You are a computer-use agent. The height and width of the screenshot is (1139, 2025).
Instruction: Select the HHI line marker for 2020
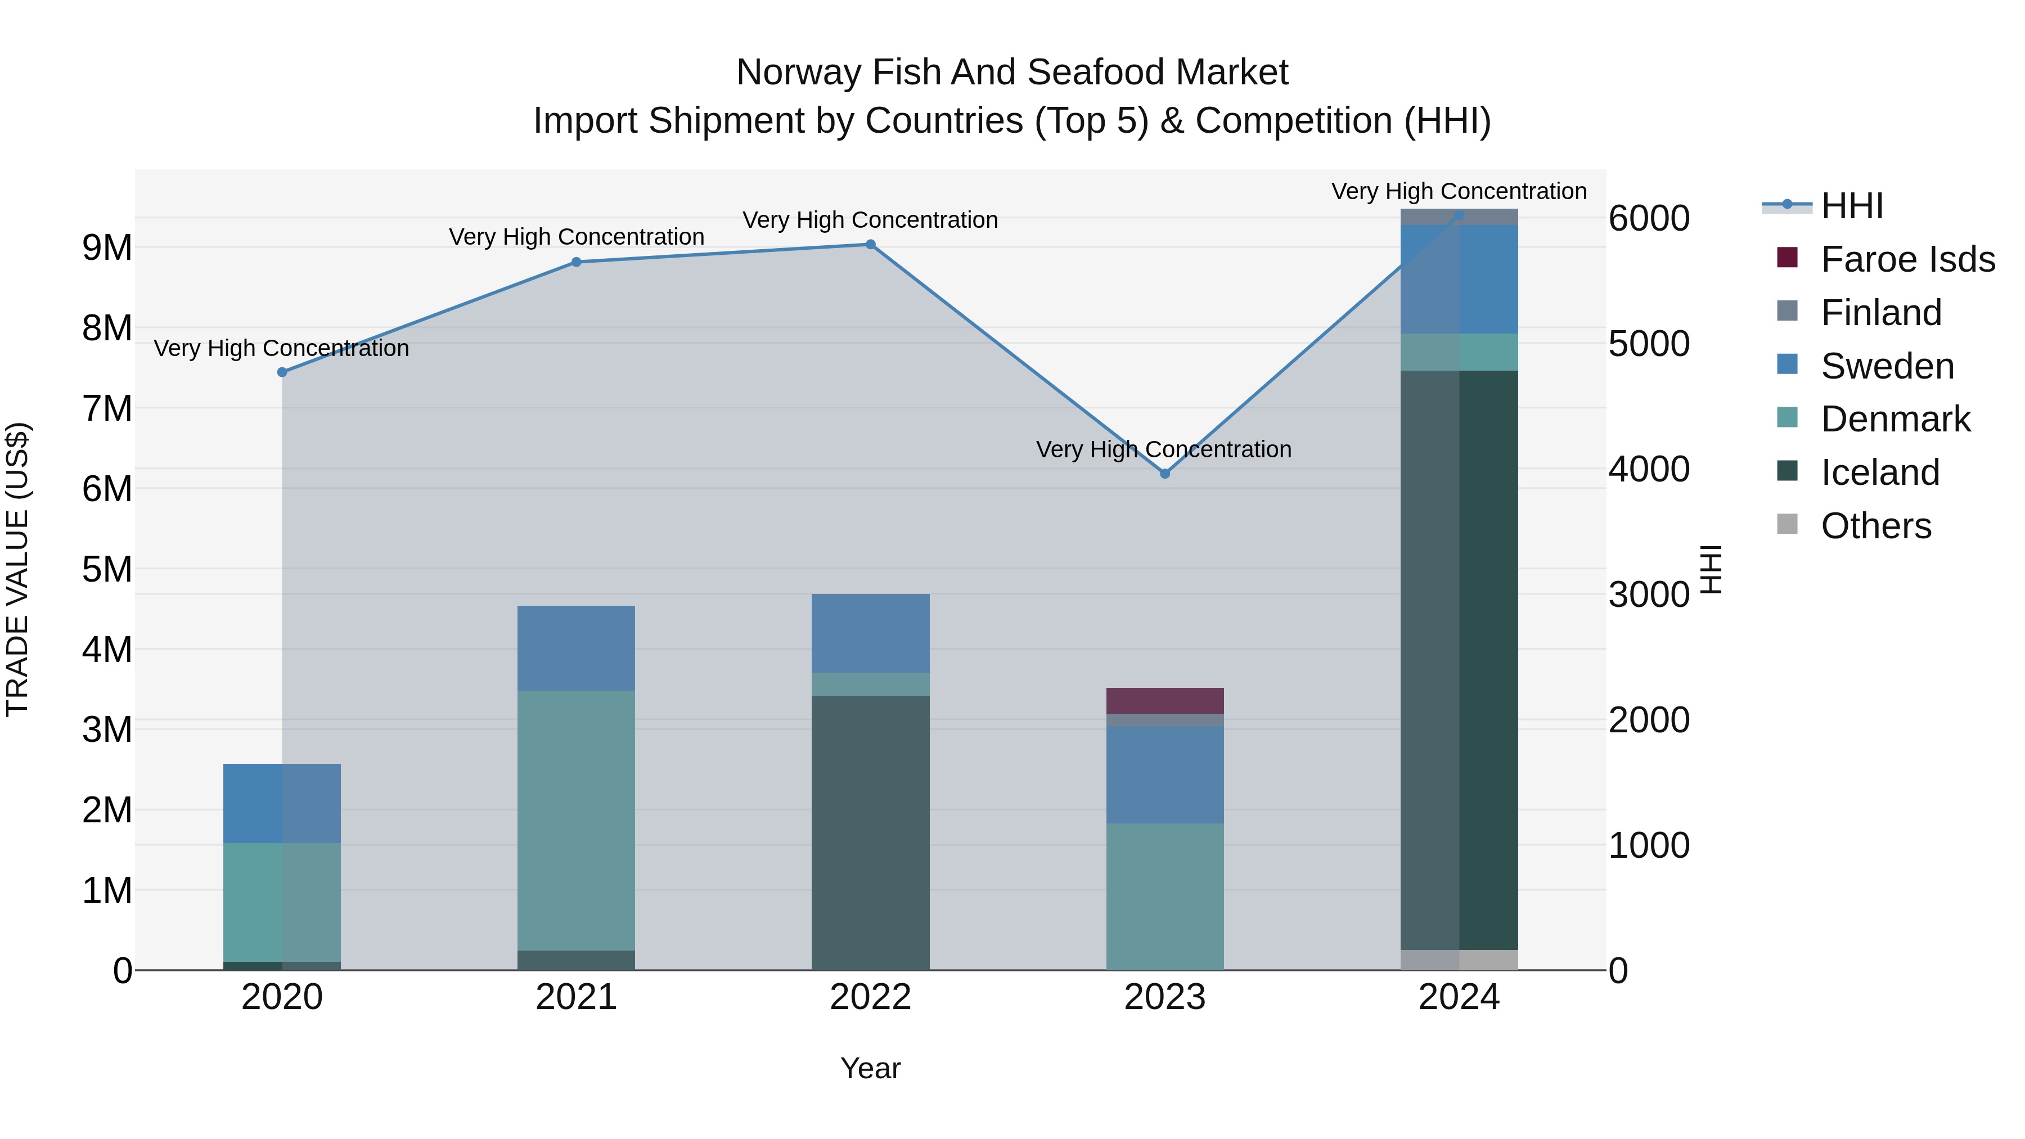[282, 372]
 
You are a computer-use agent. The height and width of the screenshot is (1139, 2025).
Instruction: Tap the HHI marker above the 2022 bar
[870, 245]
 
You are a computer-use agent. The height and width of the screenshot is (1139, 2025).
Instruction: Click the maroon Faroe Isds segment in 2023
[1165, 700]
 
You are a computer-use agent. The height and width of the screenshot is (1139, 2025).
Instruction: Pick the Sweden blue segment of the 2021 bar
[576, 648]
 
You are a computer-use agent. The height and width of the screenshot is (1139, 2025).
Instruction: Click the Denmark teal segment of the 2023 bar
[1165, 896]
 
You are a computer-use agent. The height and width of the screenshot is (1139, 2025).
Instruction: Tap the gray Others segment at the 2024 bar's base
[1459, 960]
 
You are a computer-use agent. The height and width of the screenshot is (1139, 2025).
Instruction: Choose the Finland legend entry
[1880, 313]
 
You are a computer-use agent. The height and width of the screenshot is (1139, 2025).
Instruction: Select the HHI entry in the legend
[1851, 206]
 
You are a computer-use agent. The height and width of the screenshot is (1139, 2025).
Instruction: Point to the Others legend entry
[1875, 526]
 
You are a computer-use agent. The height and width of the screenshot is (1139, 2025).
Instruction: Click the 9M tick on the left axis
[107, 247]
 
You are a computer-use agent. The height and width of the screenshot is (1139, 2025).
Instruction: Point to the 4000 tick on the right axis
[1649, 469]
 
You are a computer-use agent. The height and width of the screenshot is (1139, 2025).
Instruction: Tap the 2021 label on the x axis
[576, 997]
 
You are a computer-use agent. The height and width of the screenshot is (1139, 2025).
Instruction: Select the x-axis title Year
[870, 1068]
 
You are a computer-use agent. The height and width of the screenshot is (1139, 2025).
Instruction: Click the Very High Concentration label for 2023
[1163, 449]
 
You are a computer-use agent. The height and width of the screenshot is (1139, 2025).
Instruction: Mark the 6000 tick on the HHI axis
[1649, 219]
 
